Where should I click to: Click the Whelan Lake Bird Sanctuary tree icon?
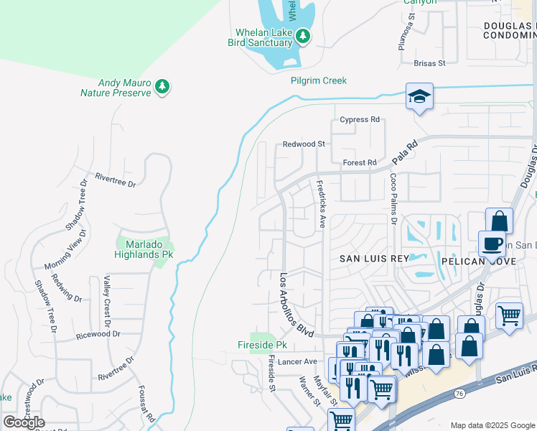[x=304, y=36]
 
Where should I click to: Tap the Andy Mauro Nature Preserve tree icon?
[x=163, y=87]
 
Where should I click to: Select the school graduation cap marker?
[x=419, y=97]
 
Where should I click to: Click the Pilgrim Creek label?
[x=318, y=80]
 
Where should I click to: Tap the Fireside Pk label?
[x=257, y=345]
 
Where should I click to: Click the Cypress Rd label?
[x=360, y=119]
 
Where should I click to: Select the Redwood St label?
[x=304, y=144]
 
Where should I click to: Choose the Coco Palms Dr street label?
[x=393, y=198]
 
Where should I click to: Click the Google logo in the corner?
[x=24, y=422]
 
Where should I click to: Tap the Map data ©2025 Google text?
[x=492, y=425]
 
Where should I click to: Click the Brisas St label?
[x=430, y=62]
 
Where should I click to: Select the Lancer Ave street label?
[x=299, y=361]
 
